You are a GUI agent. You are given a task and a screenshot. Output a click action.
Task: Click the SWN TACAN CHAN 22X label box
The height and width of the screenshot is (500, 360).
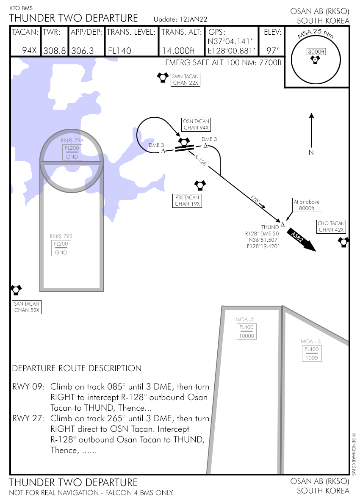point(185,80)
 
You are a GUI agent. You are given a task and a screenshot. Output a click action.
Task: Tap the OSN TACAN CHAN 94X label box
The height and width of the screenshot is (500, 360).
point(196,124)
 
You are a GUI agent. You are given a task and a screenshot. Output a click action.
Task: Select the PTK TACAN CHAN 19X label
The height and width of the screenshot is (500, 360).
point(187,201)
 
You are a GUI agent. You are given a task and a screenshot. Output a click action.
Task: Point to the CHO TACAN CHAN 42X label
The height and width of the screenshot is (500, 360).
point(332,227)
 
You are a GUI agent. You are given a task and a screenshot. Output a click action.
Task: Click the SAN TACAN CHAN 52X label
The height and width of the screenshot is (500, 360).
point(27,307)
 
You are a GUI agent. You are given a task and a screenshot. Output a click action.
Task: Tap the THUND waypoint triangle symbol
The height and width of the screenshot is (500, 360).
point(282,224)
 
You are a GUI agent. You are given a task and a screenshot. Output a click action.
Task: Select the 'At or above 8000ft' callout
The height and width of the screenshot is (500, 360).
point(307,205)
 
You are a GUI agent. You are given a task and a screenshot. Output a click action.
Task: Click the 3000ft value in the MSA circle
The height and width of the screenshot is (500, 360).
point(316,52)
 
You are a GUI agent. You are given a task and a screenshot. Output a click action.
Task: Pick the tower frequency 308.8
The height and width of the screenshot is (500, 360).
point(55,51)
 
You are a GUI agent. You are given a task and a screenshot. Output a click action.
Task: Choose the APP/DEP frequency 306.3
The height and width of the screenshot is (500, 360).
point(82,51)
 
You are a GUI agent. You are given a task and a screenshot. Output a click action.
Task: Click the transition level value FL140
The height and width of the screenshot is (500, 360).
point(119,51)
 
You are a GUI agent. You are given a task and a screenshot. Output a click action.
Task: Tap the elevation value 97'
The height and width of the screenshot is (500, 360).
point(272,51)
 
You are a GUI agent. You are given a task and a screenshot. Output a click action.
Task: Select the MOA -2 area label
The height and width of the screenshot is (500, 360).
point(244,319)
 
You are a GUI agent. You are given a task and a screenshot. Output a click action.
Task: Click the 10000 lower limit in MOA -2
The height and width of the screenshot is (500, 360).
point(246,336)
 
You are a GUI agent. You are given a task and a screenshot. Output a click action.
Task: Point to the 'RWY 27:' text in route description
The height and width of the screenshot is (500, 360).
point(29,419)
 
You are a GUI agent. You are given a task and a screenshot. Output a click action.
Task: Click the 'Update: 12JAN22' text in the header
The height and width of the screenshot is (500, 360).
point(180,19)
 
